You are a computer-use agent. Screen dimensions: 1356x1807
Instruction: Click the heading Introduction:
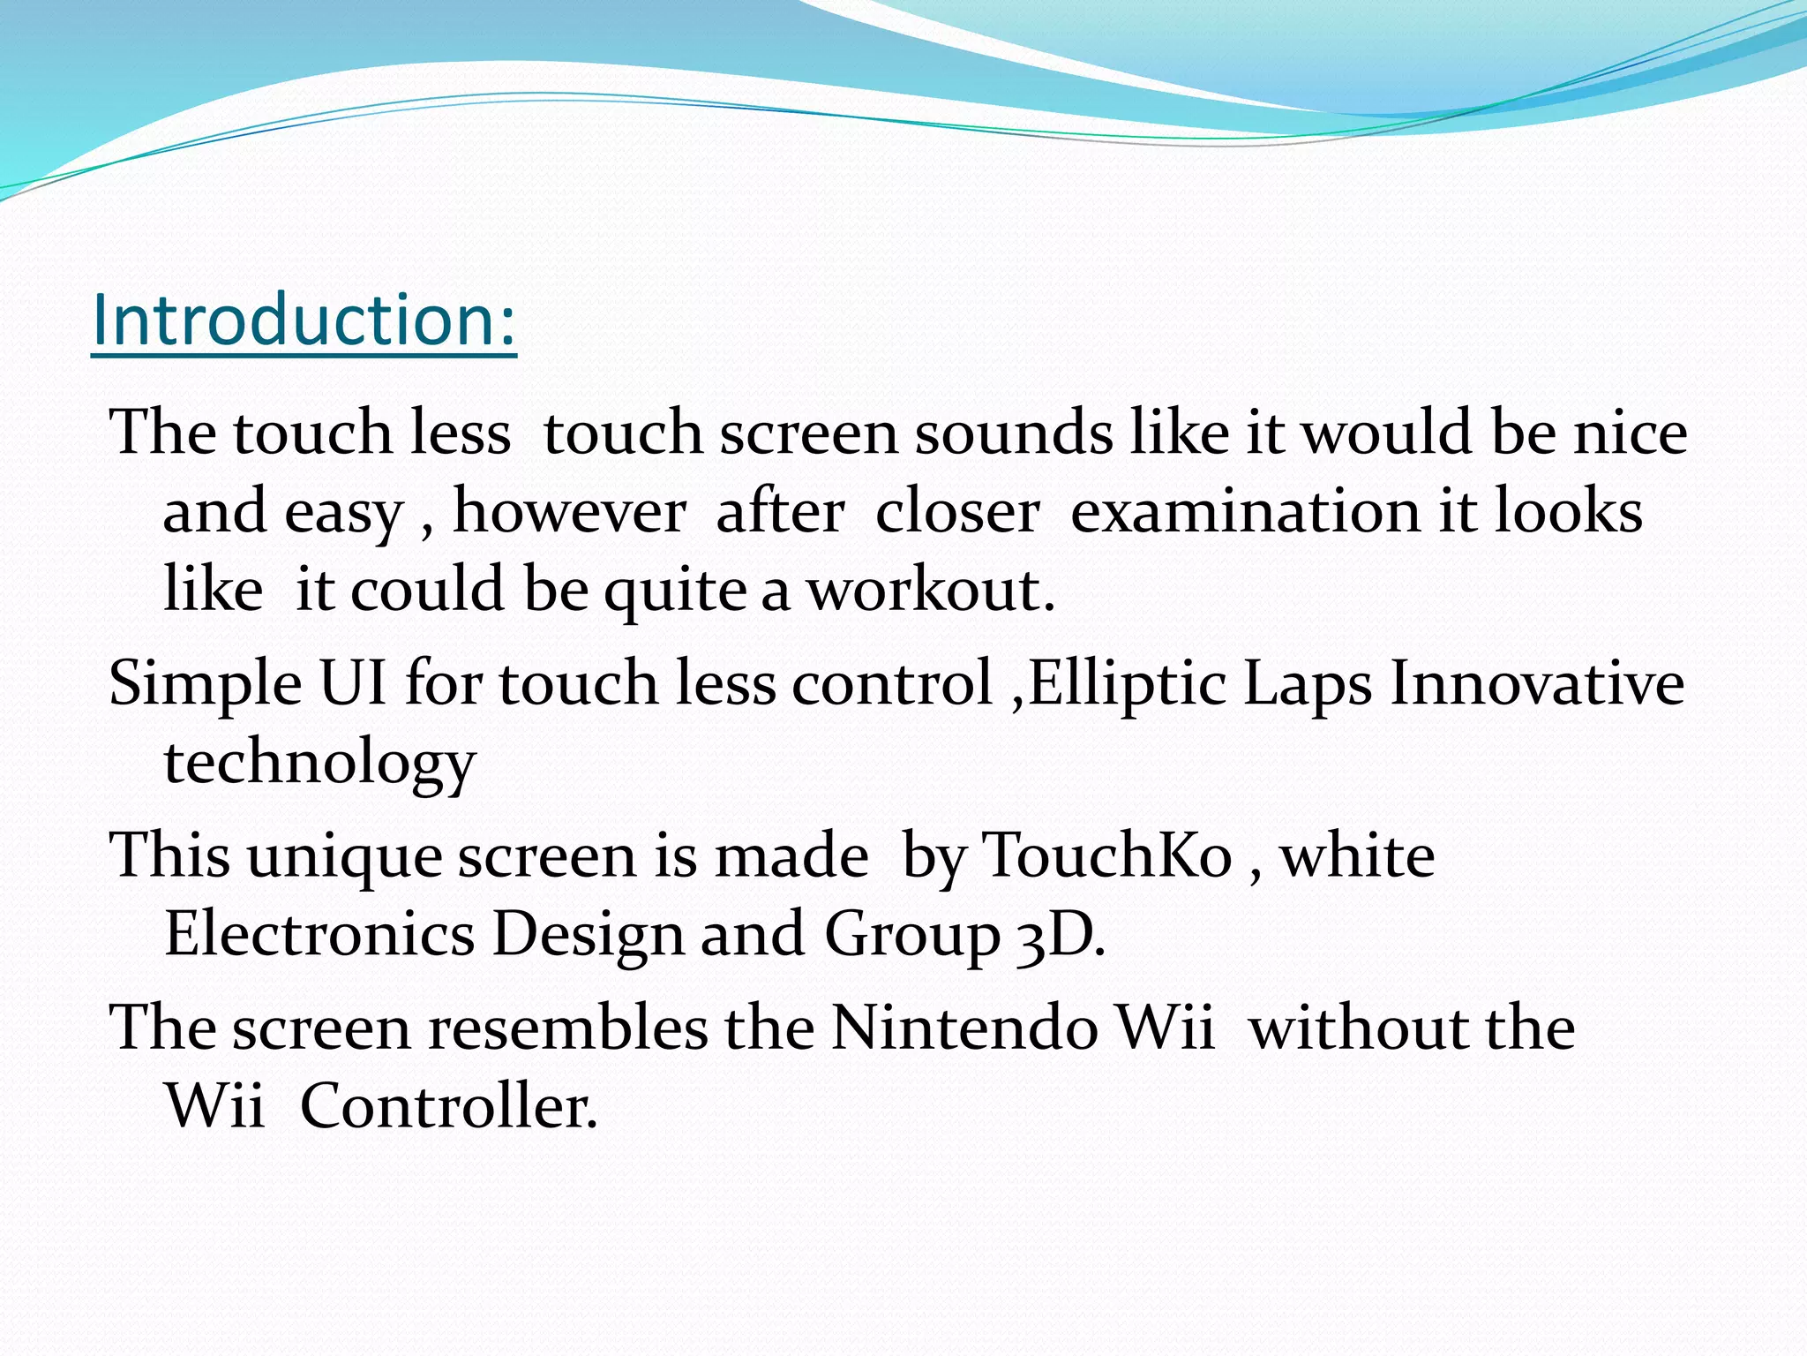[304, 320]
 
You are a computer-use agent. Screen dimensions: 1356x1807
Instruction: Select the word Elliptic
[1127, 683]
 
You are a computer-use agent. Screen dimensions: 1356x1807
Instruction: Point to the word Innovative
[1536, 683]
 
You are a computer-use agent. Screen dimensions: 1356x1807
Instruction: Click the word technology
[319, 763]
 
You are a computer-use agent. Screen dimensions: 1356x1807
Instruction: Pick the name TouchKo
[1106, 855]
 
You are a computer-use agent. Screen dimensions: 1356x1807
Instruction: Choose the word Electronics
[319, 934]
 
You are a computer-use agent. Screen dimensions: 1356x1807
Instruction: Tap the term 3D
[1059, 934]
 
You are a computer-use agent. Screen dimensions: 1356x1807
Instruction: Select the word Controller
[448, 1105]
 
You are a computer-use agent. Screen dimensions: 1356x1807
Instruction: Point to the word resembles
[567, 1028]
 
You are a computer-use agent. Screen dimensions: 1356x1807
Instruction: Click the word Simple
[205, 685]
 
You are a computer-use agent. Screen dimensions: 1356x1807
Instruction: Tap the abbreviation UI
[353, 683]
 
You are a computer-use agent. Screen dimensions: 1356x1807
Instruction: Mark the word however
[569, 512]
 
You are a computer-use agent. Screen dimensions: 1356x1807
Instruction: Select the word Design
[588, 934]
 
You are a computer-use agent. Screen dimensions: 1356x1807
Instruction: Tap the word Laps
[1308, 685]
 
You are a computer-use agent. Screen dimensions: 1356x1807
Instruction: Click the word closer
[957, 512]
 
